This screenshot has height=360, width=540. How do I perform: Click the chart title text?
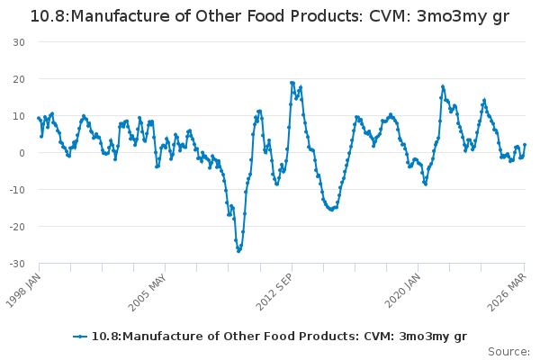coord(270,16)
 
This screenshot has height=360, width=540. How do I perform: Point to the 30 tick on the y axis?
coord(19,42)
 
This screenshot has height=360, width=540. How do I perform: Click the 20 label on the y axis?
coord(19,79)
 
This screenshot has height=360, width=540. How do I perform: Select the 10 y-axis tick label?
coord(19,116)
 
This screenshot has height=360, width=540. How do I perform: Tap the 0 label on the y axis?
coord(22,153)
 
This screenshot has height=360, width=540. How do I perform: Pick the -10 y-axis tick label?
coord(17,190)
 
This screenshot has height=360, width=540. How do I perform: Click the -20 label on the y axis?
coord(17,227)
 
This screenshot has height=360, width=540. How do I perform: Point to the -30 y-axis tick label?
coord(17,264)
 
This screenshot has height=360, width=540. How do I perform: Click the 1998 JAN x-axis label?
coord(23,291)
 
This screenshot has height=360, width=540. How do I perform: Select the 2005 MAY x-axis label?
coord(148,292)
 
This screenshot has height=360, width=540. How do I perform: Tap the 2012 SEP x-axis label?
coord(274,292)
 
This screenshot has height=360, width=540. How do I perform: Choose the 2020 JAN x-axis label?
coord(402,291)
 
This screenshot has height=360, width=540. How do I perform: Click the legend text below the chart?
coord(279,337)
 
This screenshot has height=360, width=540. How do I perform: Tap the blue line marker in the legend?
coord(80,337)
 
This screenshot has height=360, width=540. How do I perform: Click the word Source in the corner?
coord(508,352)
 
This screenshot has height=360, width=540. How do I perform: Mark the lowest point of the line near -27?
coord(238,251)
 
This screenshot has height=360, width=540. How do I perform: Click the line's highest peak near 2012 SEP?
coord(292,83)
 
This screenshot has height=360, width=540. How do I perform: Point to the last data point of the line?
coord(525,145)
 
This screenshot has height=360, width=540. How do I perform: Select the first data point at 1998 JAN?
coord(39,118)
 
